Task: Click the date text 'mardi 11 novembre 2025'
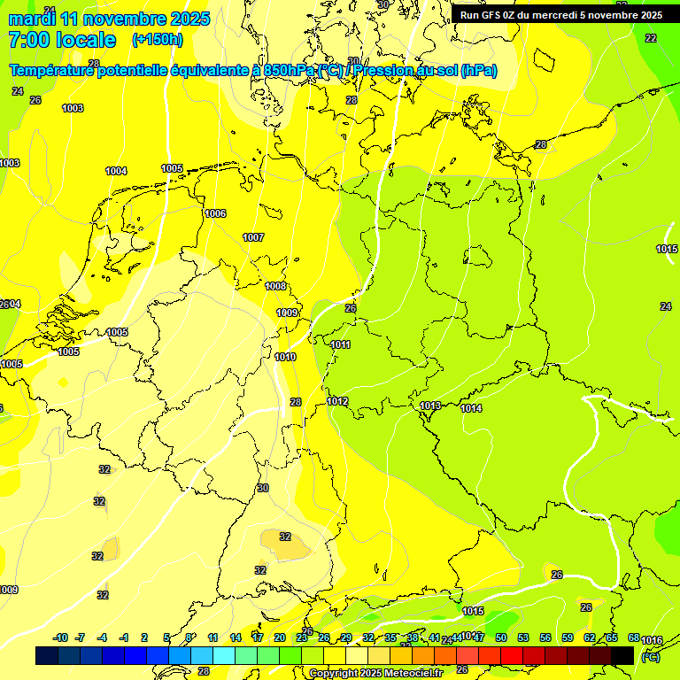pos(109,19)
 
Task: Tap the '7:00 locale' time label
pos(62,40)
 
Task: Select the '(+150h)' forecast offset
pos(157,39)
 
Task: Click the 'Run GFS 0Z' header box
pos(561,14)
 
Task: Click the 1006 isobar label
pos(215,213)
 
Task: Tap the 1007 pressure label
pos(253,237)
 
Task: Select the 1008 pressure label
pos(275,286)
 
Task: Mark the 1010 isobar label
pos(285,357)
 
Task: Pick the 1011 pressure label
pos(340,344)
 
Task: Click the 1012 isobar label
pos(337,401)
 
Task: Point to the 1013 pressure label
pos(430,406)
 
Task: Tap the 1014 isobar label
pos(471,408)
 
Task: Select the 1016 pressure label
pos(652,640)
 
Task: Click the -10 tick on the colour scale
pos(60,637)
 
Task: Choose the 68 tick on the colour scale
pos(634,637)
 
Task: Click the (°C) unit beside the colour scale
pos(650,657)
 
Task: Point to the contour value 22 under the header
pos(651,38)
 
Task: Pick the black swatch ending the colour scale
pos(622,655)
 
